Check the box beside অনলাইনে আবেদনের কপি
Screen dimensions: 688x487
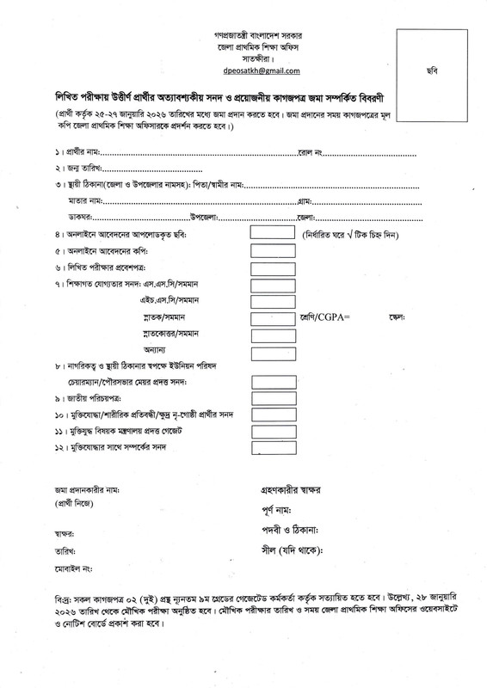(x=271, y=252)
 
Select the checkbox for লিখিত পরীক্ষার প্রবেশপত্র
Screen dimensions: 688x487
(x=271, y=269)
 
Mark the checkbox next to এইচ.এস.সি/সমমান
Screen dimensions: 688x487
(x=271, y=303)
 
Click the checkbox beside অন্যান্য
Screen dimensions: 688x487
(x=271, y=352)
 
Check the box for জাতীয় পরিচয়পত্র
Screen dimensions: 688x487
(x=271, y=400)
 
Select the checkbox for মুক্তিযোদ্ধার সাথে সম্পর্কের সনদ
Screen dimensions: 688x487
(x=271, y=448)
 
